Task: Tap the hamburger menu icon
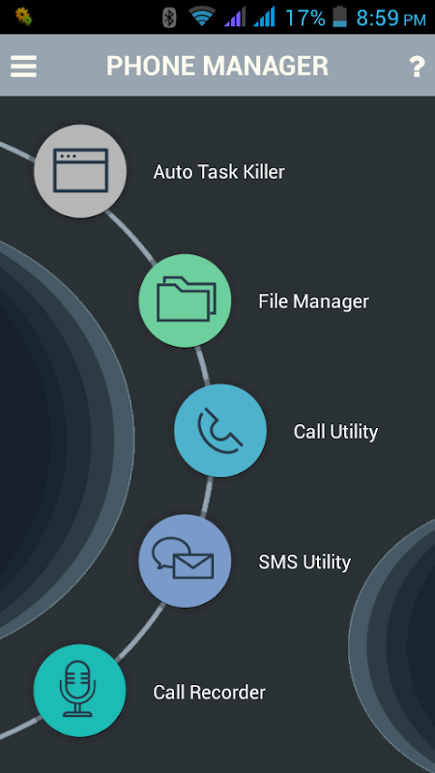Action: click(23, 66)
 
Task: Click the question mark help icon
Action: click(417, 67)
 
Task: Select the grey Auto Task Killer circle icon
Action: click(80, 171)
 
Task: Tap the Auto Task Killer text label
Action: click(219, 172)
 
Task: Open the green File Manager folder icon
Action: click(185, 301)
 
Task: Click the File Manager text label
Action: click(313, 301)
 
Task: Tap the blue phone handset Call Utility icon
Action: click(220, 430)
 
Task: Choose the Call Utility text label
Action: click(335, 432)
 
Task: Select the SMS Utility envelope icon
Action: click(185, 560)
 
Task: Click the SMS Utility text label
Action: click(304, 562)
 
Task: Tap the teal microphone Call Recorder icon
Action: click(80, 691)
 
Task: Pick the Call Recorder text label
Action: click(209, 692)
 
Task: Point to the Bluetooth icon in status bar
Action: click(169, 17)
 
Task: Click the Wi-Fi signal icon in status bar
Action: click(202, 16)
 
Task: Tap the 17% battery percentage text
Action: click(305, 18)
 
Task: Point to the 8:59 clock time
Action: click(377, 18)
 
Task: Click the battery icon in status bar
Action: click(340, 17)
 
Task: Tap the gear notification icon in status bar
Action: click(23, 16)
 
